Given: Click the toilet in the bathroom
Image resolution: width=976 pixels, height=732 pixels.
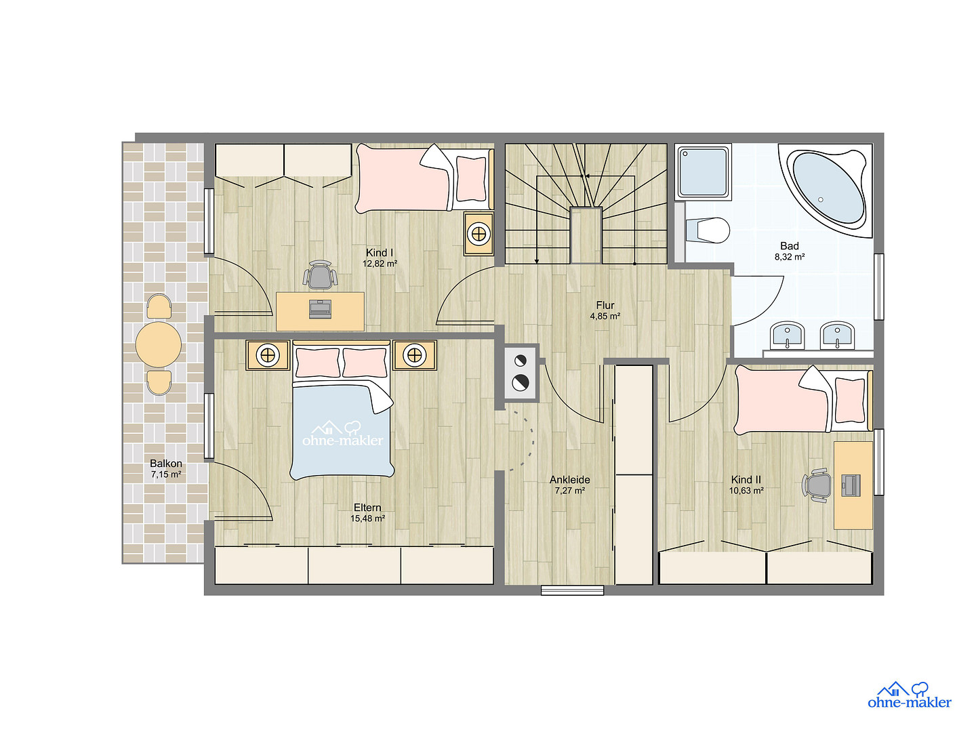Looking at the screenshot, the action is point(707,230).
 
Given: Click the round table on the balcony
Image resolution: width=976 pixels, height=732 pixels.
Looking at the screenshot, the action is point(159,344).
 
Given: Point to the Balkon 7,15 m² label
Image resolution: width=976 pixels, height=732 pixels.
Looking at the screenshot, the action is point(166,469).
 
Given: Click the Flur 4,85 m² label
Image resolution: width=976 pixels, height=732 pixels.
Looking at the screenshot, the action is point(605,310).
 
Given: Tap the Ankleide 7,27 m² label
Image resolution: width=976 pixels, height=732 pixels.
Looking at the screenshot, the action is point(569,485).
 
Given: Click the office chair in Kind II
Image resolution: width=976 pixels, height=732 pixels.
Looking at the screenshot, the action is point(817,485).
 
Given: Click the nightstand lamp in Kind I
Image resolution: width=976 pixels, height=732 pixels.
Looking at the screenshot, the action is point(479,234).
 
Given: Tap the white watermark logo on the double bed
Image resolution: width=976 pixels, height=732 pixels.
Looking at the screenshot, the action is point(342,433).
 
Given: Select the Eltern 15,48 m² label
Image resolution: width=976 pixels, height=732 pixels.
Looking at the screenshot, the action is point(367,513).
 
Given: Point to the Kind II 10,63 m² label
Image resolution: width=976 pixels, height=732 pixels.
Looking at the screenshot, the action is point(746,485).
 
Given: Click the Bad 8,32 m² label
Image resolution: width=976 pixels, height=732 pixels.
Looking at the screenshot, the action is point(789,251).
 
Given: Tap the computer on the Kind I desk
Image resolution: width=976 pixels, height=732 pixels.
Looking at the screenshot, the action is point(320,309).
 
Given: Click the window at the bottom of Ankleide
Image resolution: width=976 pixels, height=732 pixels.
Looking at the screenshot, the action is point(572,590).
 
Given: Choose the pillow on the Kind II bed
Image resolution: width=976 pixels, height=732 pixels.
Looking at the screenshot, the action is point(850,401).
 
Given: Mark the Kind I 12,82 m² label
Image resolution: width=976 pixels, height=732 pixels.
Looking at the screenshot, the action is point(380,258).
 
